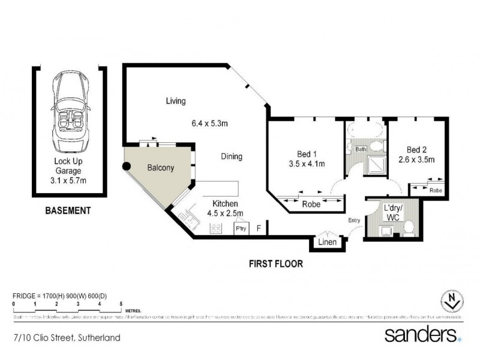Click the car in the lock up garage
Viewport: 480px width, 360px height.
pyautogui.click(x=71, y=112)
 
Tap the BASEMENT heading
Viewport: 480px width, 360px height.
pyautogui.click(x=68, y=211)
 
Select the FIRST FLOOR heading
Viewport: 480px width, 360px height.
pyautogui.click(x=277, y=263)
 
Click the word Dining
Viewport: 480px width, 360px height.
pyautogui.click(x=231, y=157)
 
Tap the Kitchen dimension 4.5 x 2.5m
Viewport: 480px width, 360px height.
pyautogui.click(x=221, y=212)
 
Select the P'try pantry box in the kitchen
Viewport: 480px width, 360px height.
pyautogui.click(x=240, y=228)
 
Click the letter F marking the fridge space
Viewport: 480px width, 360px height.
pyautogui.click(x=259, y=228)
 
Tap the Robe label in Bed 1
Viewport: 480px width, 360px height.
pyautogui.click(x=311, y=204)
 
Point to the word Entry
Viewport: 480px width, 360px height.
pyautogui.click(x=354, y=220)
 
